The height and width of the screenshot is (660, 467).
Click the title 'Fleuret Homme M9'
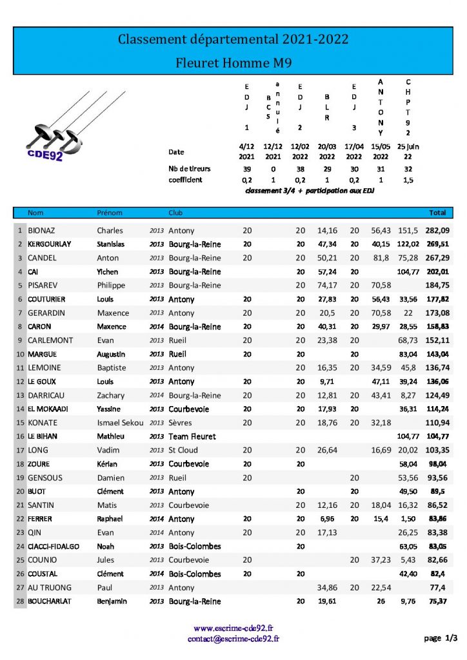tap(233, 63)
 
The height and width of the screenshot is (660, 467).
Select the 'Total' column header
tap(437, 213)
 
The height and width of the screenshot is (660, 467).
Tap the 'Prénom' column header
tap(109, 213)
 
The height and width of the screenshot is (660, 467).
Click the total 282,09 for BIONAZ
tap(437, 231)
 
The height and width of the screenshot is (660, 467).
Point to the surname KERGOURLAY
tap(50, 244)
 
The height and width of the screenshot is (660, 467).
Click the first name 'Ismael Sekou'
tap(117, 423)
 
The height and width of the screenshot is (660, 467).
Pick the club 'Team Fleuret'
tap(192, 436)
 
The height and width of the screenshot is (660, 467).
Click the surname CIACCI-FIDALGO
tap(53, 547)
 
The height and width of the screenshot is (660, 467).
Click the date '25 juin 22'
tap(408, 151)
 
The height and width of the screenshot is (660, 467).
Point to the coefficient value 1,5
tap(408, 180)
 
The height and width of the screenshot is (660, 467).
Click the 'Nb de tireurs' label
tap(189, 169)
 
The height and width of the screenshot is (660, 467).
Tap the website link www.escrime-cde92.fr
tap(233, 628)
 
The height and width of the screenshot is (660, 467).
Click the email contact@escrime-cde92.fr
tap(233, 639)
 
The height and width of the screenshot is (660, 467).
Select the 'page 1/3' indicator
tap(441, 638)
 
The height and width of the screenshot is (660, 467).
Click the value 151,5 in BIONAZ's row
tap(408, 231)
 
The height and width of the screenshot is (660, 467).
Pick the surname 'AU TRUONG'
tap(50, 588)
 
